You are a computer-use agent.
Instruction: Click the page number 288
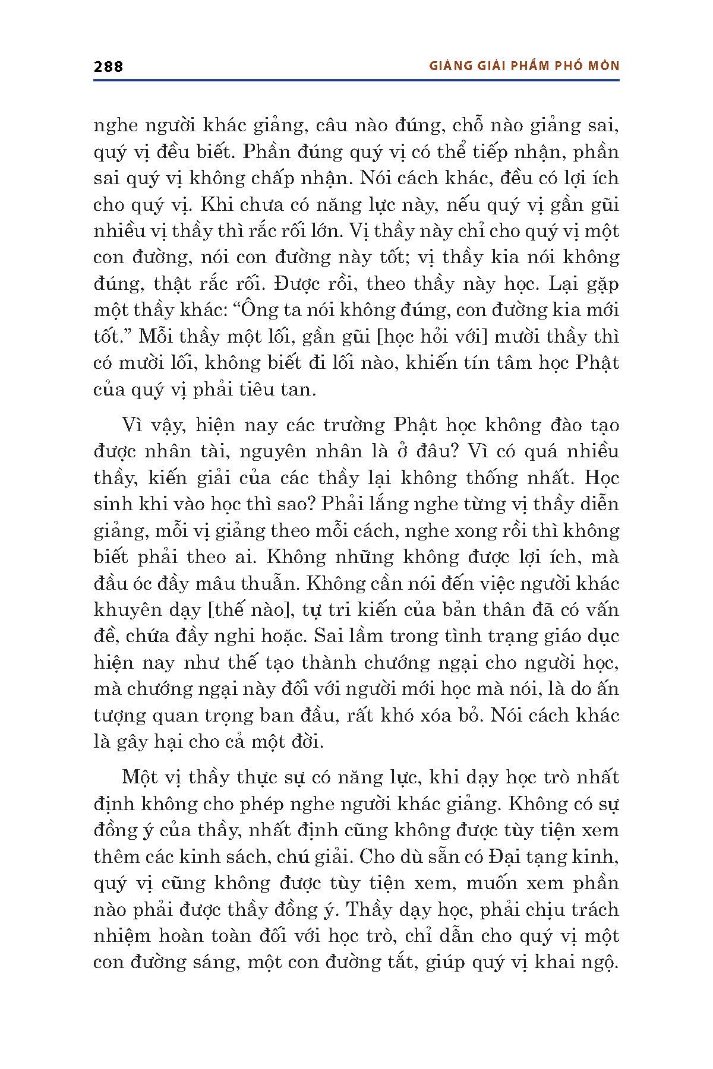pyautogui.click(x=108, y=66)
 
